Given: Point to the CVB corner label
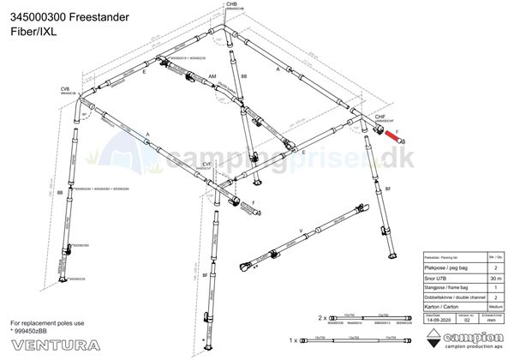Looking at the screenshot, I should (x=64, y=88).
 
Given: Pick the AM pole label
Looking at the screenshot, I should (x=212, y=76).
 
